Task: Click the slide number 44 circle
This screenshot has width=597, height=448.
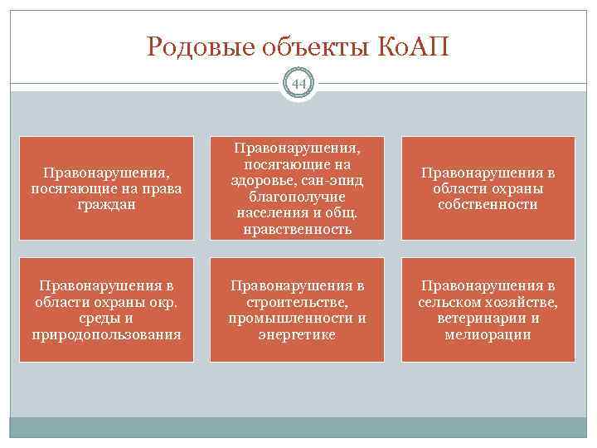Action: click(x=298, y=84)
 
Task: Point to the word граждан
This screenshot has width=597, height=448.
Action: click(x=106, y=204)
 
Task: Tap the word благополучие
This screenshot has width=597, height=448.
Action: click(x=297, y=198)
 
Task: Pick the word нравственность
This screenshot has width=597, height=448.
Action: click(x=297, y=230)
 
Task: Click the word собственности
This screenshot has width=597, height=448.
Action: click(x=488, y=204)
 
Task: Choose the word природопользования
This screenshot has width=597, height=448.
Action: click(x=105, y=334)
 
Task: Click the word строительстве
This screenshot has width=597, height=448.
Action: click(x=297, y=303)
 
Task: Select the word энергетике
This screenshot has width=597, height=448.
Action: click(x=297, y=334)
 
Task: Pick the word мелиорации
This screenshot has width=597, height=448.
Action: click(x=488, y=334)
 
